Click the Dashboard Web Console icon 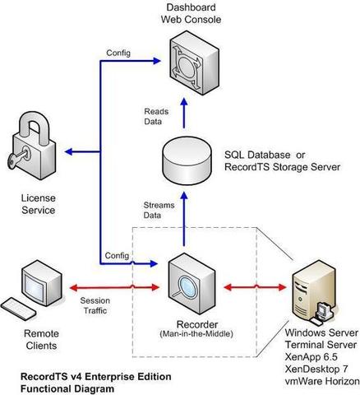[x=194, y=63]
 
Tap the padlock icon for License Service [x=32, y=146]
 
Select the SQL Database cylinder [x=187, y=161]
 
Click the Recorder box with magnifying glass [x=192, y=284]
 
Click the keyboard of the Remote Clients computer [x=18, y=309]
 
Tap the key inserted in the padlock [x=18, y=157]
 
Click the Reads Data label [x=156, y=116]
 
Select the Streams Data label [x=159, y=210]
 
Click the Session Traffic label [x=95, y=305]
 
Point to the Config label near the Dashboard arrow [x=118, y=53]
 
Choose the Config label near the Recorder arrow [x=117, y=255]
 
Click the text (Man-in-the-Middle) [x=196, y=334]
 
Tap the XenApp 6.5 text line [x=311, y=357]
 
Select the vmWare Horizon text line [x=322, y=381]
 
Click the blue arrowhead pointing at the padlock [x=68, y=151]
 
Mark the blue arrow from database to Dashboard [x=184, y=113]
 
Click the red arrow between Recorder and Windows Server [x=255, y=287]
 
